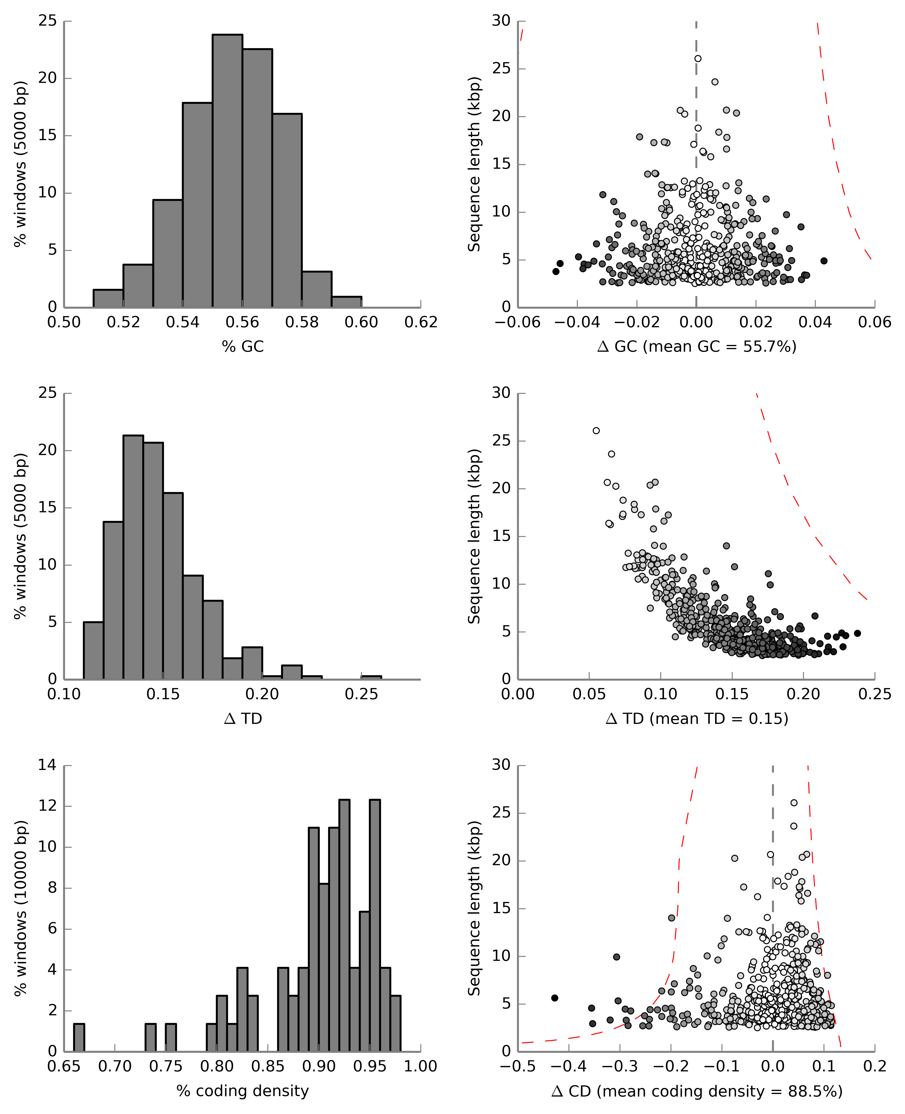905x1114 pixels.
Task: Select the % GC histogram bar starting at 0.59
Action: pyautogui.click(x=347, y=302)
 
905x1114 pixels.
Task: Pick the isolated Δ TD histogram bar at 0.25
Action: pyautogui.click(x=371, y=677)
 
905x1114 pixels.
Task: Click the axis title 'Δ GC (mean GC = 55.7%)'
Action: pyautogui.click(x=697, y=347)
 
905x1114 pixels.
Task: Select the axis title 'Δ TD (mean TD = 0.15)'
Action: pyautogui.click(x=697, y=719)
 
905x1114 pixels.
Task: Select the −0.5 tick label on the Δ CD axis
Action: pyautogui.click(x=518, y=1067)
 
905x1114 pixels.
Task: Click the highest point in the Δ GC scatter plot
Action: pyautogui.click(x=697, y=58)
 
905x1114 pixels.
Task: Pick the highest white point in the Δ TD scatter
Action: pyautogui.click(x=596, y=430)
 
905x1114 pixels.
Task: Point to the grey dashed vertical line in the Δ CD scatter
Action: pyautogui.click(x=772, y=886)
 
